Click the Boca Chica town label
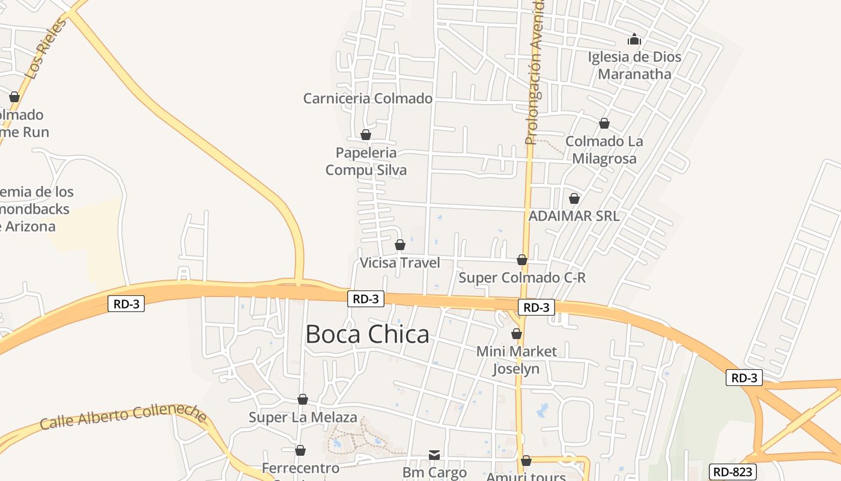pos(367,334)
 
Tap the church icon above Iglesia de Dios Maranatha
pos(634,40)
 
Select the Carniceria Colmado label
pos(368,99)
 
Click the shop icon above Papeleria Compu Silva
pos(365,135)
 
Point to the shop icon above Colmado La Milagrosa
pos(604,123)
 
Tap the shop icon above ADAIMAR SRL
pos(574,198)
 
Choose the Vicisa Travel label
pos(399,263)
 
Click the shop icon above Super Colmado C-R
pos(522,260)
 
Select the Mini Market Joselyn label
pos(517,360)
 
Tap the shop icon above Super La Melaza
pos(303,399)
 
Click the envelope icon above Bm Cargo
pos(434,455)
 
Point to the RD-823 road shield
pos(732,472)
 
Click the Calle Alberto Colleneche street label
pos(124,418)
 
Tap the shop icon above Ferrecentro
pos(300,450)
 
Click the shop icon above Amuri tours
pos(526,461)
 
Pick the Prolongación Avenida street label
pos(534,72)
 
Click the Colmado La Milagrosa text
pos(604,150)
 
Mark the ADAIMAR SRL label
pos(574,216)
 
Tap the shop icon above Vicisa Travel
pos(400,245)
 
